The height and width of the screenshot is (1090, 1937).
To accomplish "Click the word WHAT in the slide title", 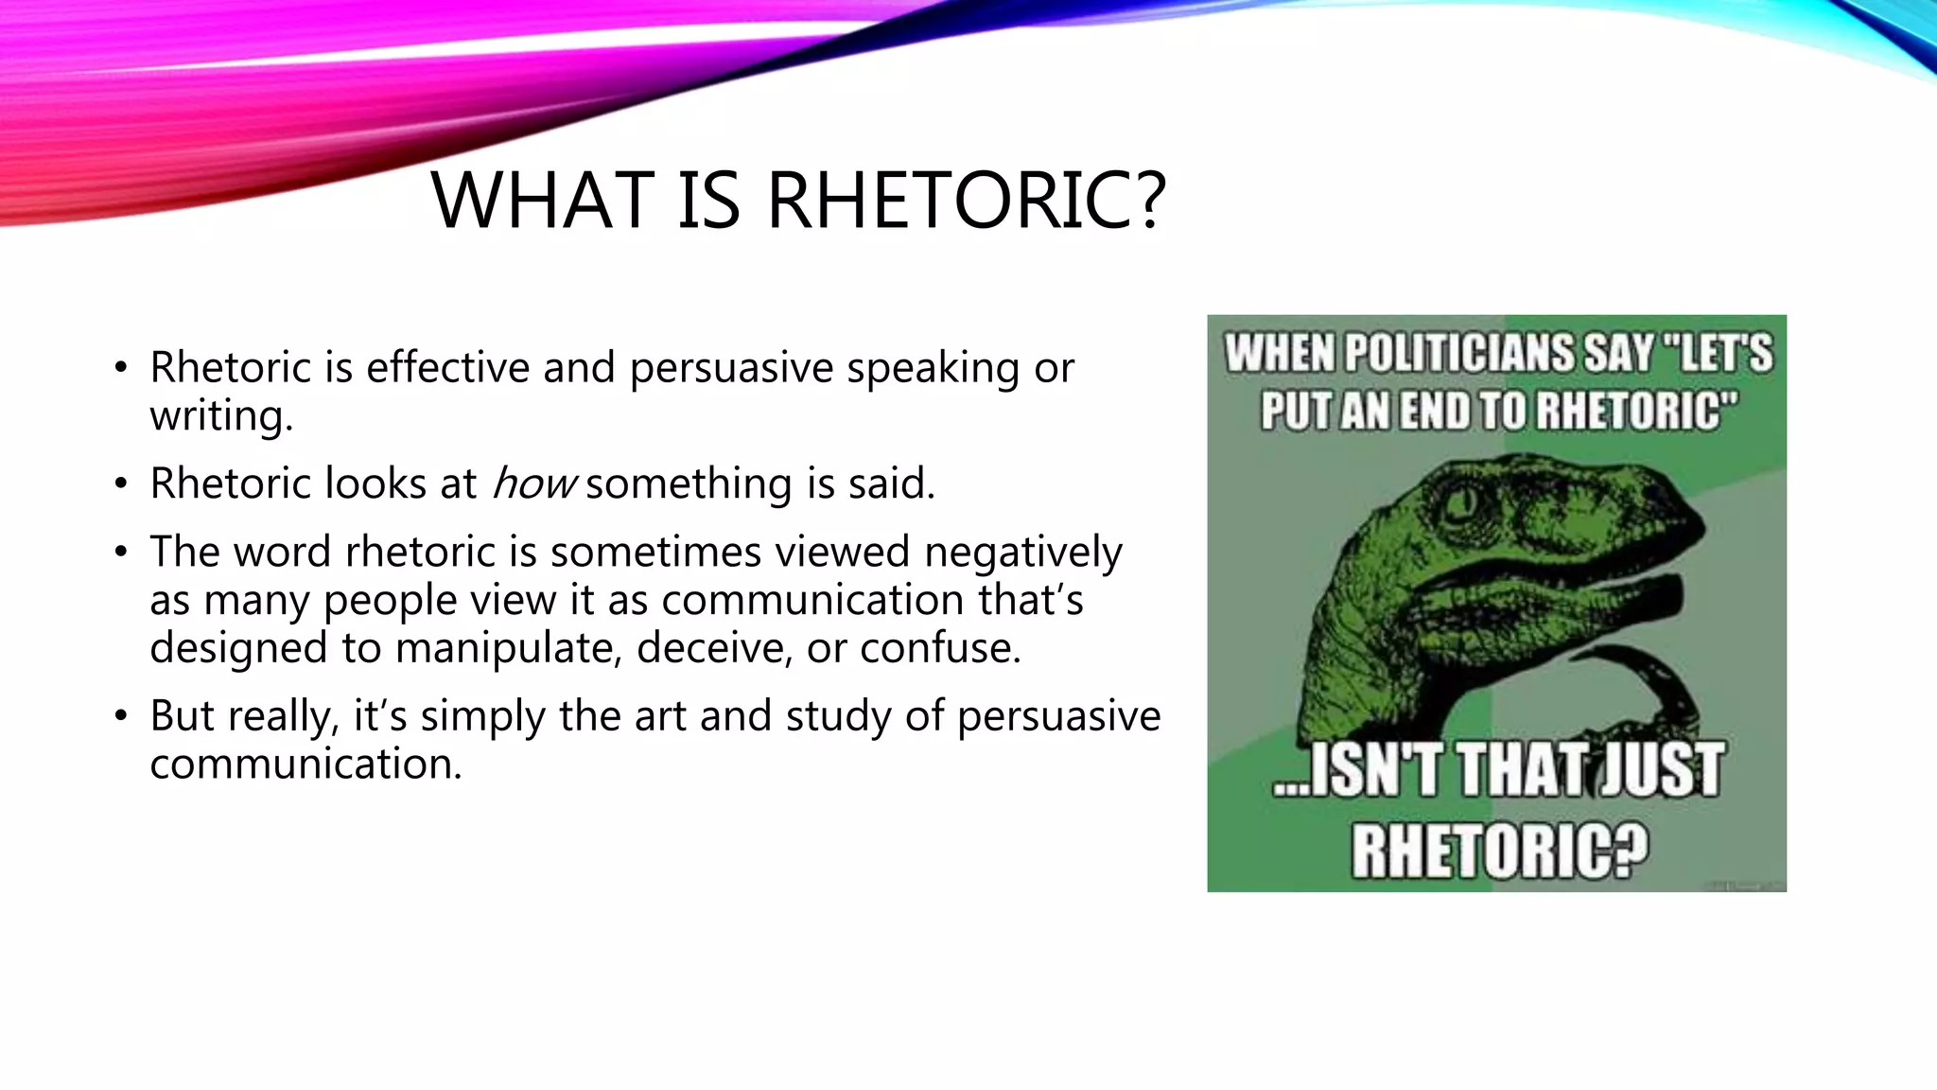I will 542,201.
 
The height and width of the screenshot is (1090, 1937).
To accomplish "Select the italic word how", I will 532,483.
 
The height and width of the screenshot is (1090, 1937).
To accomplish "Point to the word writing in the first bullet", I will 220,415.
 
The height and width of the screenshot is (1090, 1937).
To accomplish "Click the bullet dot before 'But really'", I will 120,716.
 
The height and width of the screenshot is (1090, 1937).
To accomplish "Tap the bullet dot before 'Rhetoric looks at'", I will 120,484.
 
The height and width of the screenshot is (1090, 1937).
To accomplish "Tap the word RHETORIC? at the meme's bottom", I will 1499,849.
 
